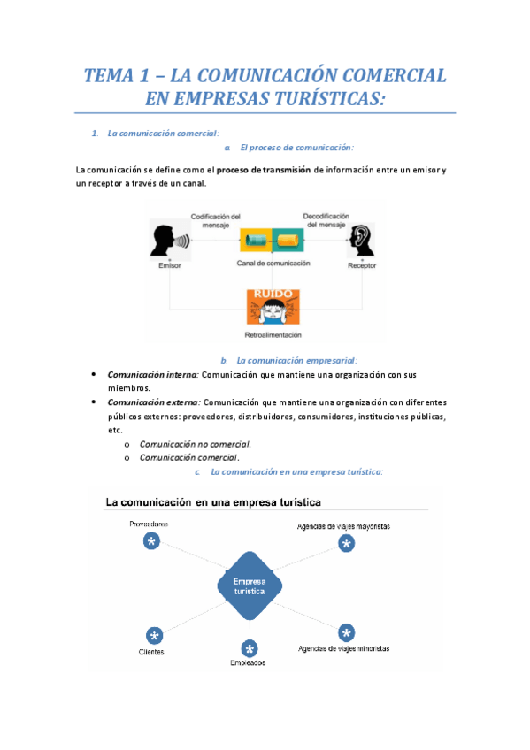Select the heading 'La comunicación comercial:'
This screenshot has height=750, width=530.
click(x=163, y=134)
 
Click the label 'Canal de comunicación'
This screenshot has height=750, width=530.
click(x=273, y=264)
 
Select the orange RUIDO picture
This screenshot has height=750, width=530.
click(x=273, y=308)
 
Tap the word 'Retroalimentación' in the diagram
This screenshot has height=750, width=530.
click(x=273, y=335)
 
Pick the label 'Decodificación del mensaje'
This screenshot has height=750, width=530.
click(x=326, y=220)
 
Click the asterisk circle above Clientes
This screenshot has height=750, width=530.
click(x=154, y=636)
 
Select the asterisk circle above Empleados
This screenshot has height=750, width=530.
click(x=249, y=648)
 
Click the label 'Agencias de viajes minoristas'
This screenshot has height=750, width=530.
click(x=343, y=648)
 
